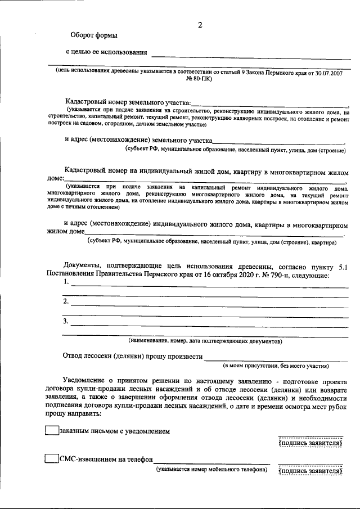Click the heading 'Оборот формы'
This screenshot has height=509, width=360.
[x=94, y=35]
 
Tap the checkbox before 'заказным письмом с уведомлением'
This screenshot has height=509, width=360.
[x=51, y=431]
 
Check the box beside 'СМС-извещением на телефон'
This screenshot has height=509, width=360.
[x=51, y=458]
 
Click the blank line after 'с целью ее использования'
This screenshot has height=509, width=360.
[x=250, y=55]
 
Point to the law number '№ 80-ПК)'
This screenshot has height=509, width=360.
[x=200, y=80]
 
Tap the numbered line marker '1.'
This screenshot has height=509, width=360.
[x=66, y=282]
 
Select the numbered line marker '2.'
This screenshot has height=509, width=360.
[x=66, y=301]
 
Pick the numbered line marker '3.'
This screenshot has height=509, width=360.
[x=66, y=321]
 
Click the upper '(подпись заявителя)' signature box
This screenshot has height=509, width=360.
[x=310, y=443]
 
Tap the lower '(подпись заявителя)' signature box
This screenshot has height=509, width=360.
[x=310, y=471]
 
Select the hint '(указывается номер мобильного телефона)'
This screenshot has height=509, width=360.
[x=212, y=469]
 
